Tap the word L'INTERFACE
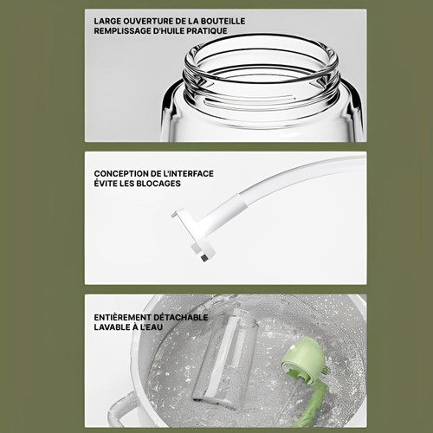pyautogui.click(x=189, y=174)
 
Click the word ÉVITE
pyautogui.click(x=104, y=184)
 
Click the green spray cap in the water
pyautogui.click(x=301, y=358)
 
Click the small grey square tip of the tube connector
pyautogui.click(x=205, y=257)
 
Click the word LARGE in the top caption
pyautogui.click(x=107, y=22)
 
